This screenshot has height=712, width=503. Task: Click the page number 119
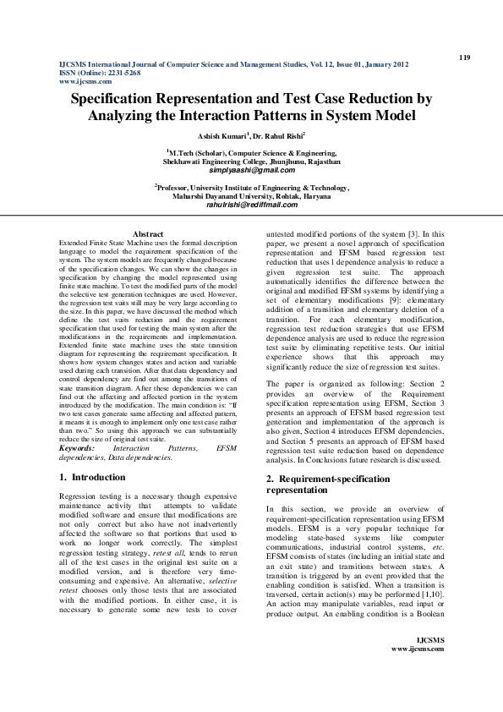click(x=463, y=57)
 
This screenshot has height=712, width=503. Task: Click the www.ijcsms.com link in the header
click(x=85, y=81)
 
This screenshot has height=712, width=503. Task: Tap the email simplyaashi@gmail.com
click(x=252, y=170)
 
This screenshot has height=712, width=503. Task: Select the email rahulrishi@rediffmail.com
click(x=252, y=205)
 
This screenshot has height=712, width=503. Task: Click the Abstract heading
click(x=148, y=233)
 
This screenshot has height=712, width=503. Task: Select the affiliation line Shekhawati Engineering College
click(x=252, y=161)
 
